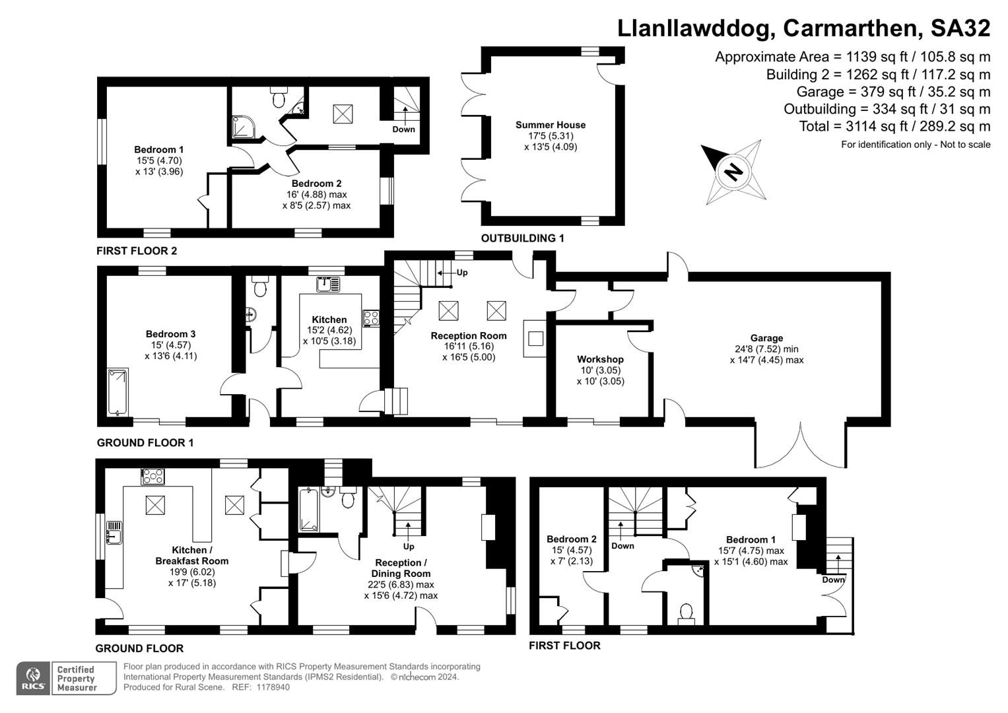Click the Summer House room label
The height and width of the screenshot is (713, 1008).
(x=551, y=125)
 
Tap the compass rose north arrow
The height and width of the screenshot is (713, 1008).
(x=732, y=171)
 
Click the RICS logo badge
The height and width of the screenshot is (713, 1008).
(x=33, y=678)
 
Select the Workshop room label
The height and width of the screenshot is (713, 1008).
(x=600, y=359)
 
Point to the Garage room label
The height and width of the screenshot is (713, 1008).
(x=766, y=338)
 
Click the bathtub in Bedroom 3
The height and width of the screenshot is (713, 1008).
(x=118, y=392)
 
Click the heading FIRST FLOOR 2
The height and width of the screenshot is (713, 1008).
(x=137, y=251)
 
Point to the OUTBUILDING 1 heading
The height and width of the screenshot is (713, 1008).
(x=522, y=238)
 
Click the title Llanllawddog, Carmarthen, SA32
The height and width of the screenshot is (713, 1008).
(x=803, y=28)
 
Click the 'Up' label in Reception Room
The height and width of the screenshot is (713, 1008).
(x=462, y=273)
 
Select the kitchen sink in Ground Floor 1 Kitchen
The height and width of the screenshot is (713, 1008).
(x=328, y=285)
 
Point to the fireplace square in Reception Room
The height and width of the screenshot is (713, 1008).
(x=536, y=339)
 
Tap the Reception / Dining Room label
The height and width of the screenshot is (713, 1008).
(x=400, y=568)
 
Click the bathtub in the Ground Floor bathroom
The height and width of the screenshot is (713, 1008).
(x=308, y=509)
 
